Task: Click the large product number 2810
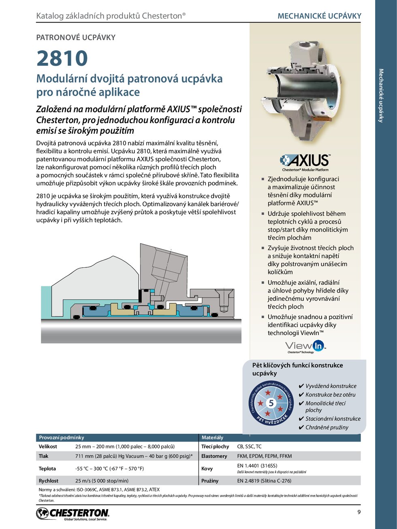point(62,58)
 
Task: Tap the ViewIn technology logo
point(305,347)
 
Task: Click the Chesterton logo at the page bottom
point(73,514)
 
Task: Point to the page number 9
point(359,512)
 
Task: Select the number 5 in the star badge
point(271,403)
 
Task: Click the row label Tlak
point(43,456)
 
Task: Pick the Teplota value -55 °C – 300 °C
point(109,469)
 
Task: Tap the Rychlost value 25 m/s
point(102,481)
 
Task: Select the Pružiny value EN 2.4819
point(264,481)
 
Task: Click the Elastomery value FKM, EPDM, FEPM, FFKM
point(264,456)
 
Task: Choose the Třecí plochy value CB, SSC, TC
point(249,446)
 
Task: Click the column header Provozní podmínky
point(62,437)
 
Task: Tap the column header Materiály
point(212,437)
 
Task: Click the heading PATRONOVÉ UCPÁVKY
point(76,38)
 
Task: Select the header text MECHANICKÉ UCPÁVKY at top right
point(319,16)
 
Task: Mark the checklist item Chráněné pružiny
point(327,427)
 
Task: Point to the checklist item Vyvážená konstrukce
point(331,386)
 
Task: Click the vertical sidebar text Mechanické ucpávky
point(381,96)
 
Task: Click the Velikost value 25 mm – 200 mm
point(125,446)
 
